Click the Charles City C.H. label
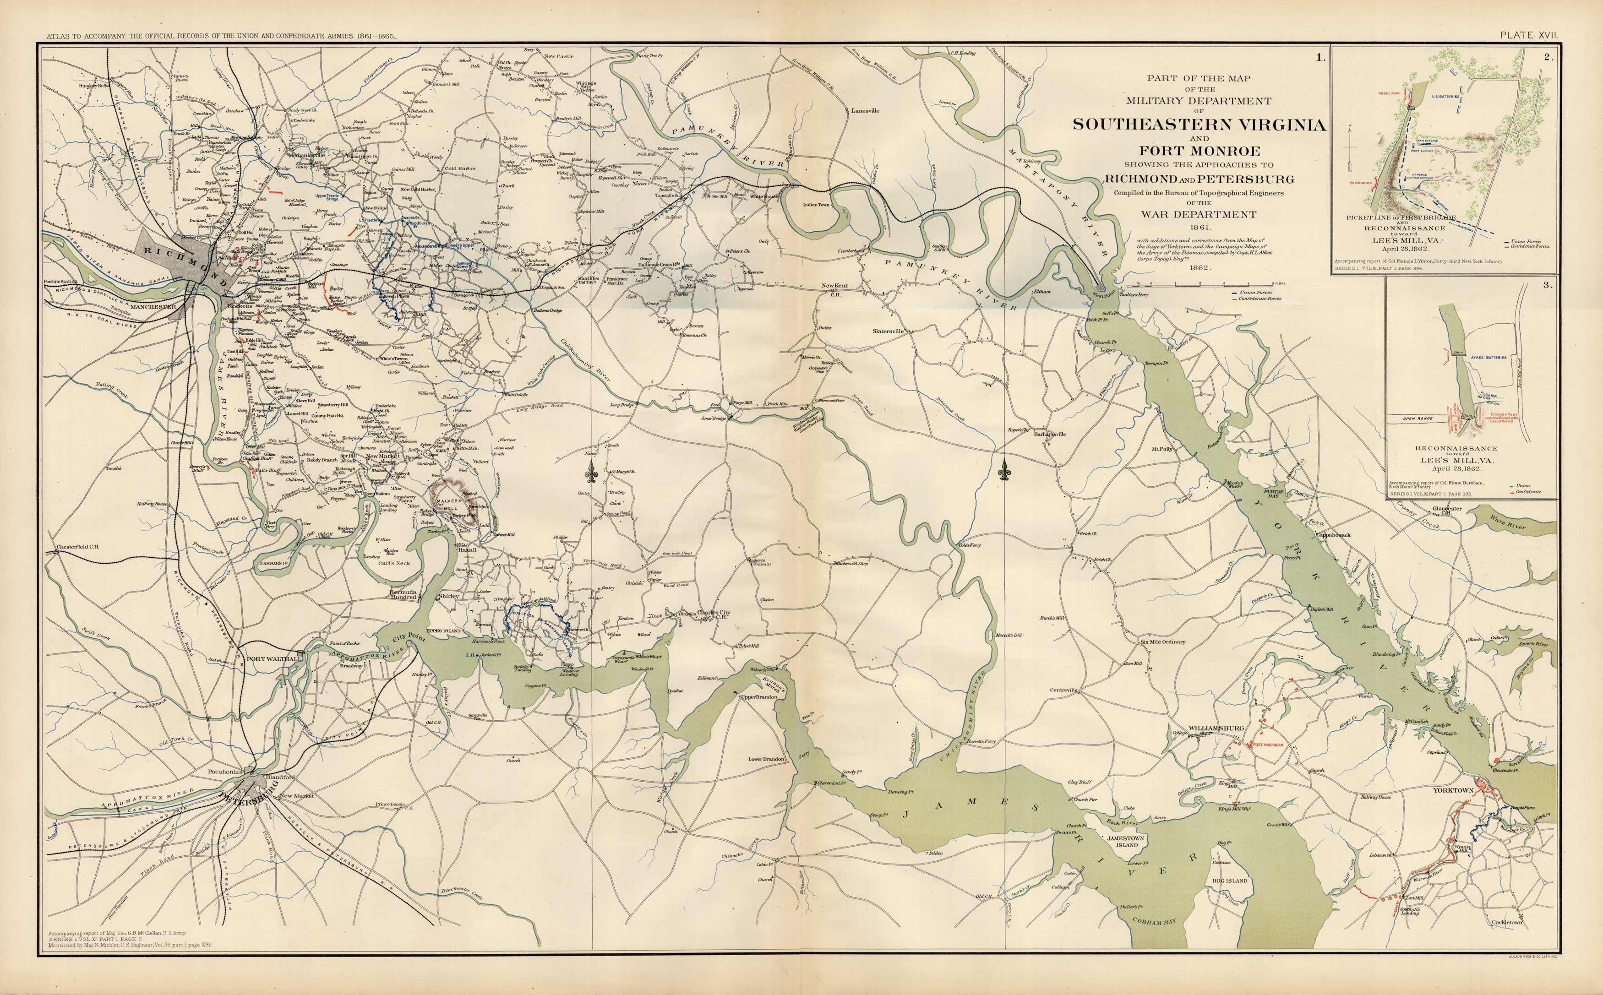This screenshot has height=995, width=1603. (714, 614)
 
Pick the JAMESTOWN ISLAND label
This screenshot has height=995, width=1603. (1126, 842)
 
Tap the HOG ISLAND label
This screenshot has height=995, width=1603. (1229, 881)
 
